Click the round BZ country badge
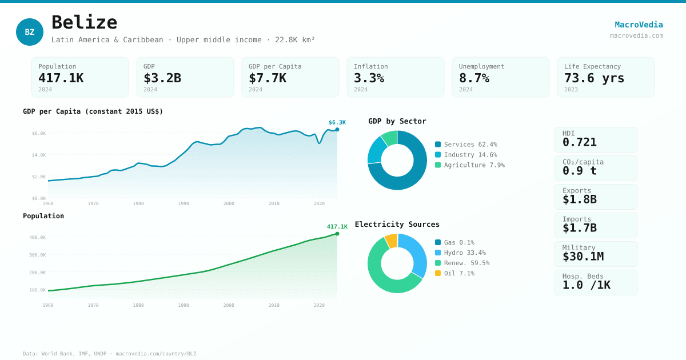point(30,32)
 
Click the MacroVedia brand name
point(639,25)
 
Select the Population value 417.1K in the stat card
point(61,78)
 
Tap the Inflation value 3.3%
point(369,78)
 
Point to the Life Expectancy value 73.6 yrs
point(594,78)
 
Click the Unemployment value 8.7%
point(474,78)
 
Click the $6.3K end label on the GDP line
point(337,122)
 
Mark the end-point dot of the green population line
point(337,234)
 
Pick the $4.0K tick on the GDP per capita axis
point(39,155)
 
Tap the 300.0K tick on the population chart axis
point(38,255)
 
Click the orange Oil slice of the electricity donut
point(391,241)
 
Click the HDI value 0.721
point(579,142)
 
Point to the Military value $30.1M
point(583,257)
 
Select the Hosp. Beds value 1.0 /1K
point(586,285)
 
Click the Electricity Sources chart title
point(397,225)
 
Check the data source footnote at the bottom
point(109,354)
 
